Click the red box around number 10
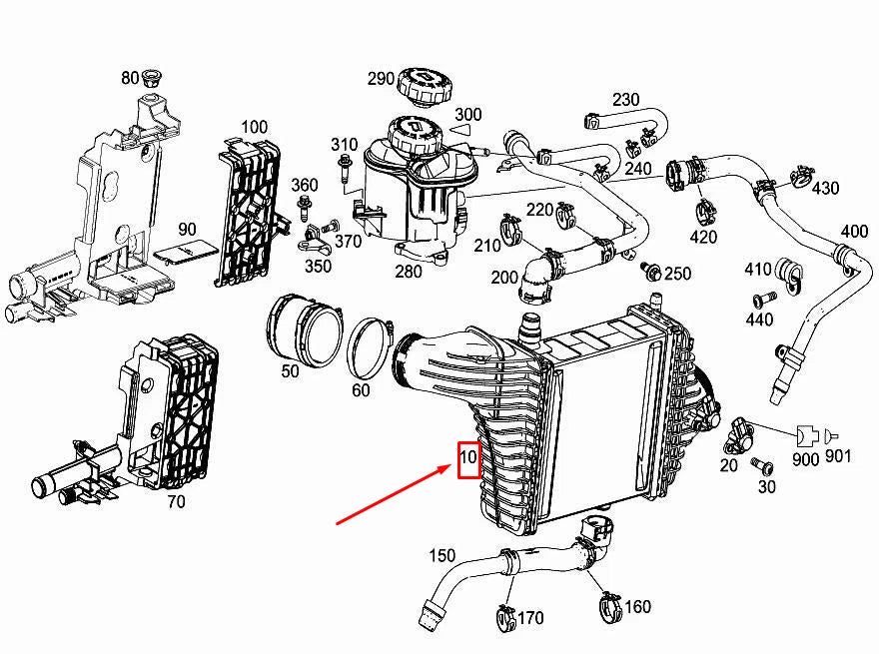(x=469, y=459)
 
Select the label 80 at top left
(x=131, y=78)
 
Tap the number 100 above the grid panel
(x=255, y=127)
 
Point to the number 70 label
(x=176, y=502)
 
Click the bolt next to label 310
(x=345, y=172)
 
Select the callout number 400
(x=854, y=232)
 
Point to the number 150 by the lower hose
(x=441, y=555)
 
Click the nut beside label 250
(x=651, y=272)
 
